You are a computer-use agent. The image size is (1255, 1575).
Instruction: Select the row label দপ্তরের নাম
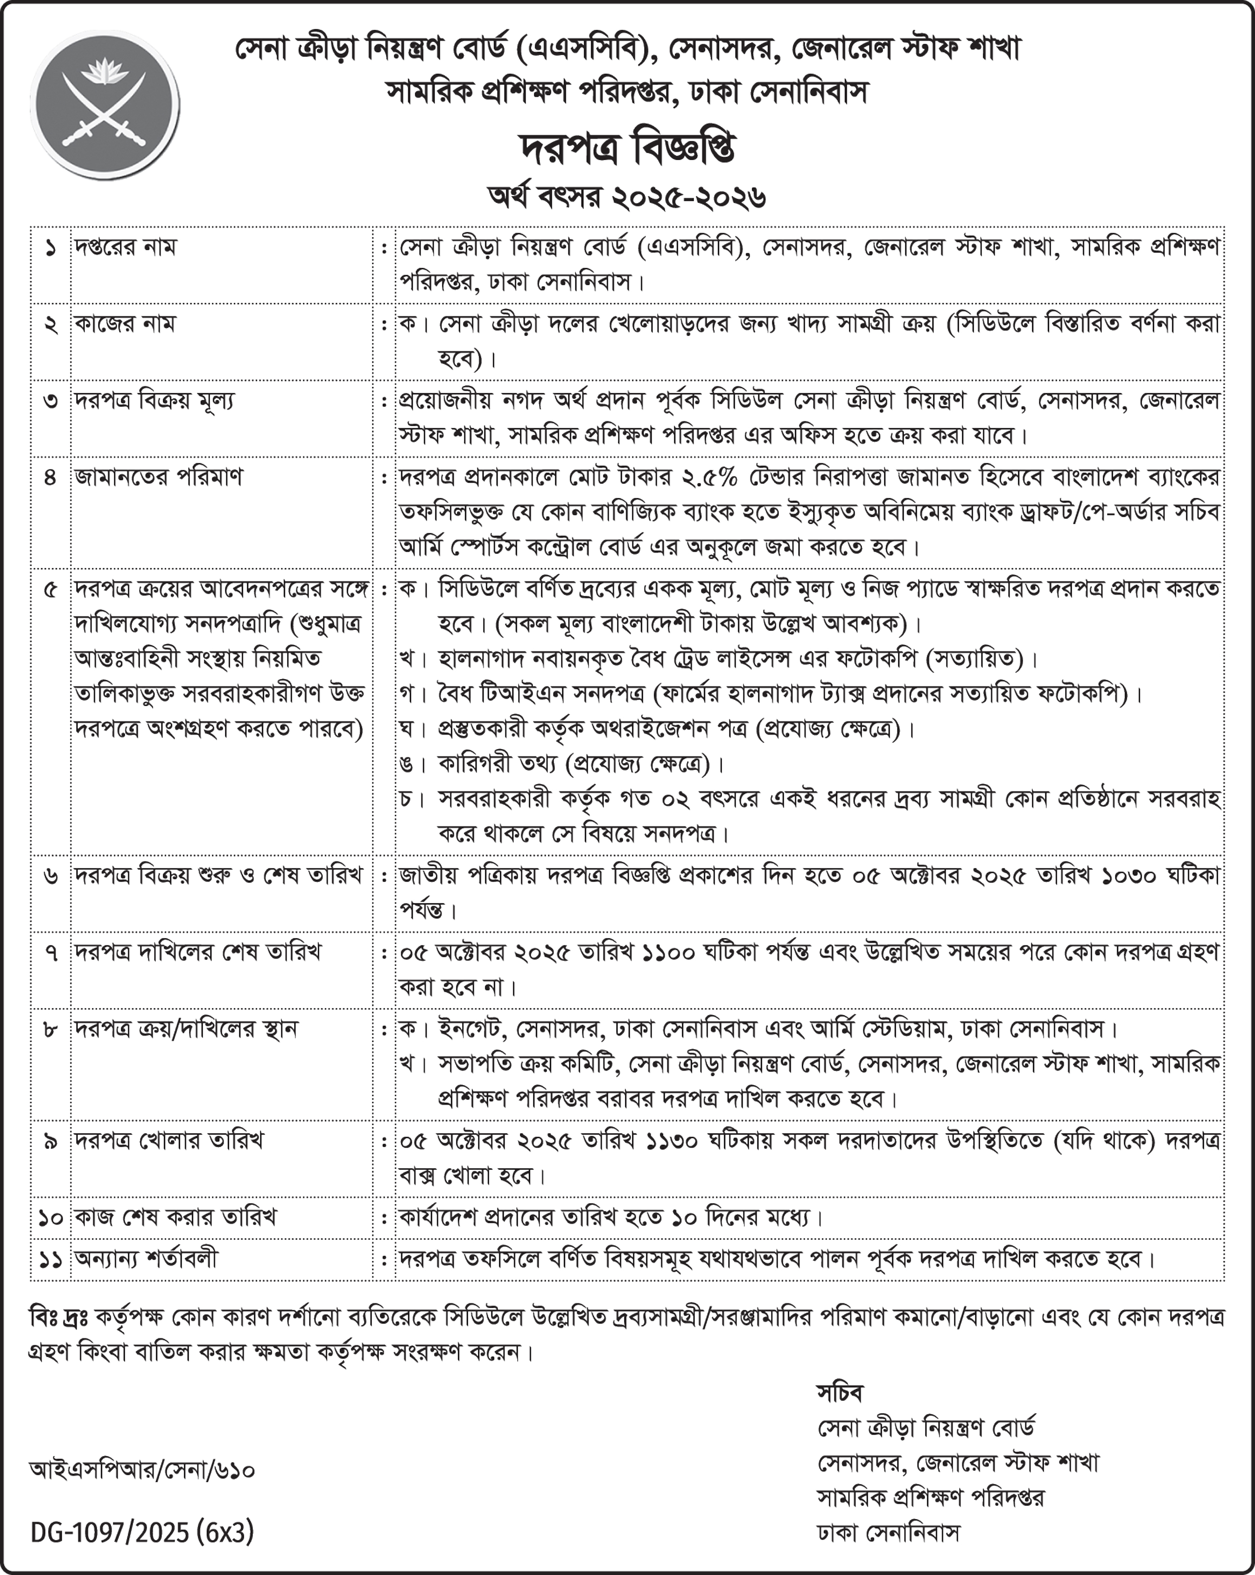pyautogui.click(x=125, y=247)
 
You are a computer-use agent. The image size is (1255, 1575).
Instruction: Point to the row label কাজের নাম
pyautogui.click(x=125, y=324)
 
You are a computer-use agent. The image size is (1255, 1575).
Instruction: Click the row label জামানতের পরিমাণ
pyautogui.click(x=158, y=477)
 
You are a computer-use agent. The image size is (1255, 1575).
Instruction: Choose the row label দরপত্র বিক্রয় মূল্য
pyautogui.click(x=154, y=400)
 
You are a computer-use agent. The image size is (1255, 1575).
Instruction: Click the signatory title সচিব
pyautogui.click(x=840, y=1392)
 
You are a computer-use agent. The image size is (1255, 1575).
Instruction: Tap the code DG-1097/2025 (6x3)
pyautogui.click(x=142, y=1532)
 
